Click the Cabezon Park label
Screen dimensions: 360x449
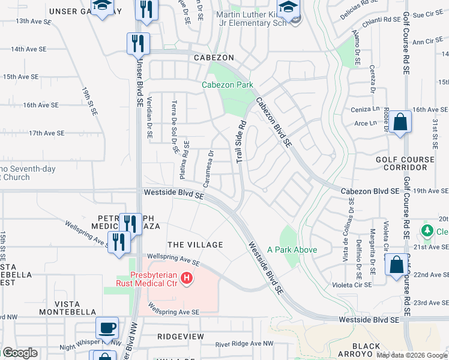point(227,85)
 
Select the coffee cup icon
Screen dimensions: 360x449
point(107,328)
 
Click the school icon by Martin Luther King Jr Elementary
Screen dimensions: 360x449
point(289,10)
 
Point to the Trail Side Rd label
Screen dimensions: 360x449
point(241,142)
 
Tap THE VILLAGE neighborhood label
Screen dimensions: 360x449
point(195,245)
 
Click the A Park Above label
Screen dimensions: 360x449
point(292,250)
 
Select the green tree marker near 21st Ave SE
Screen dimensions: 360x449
point(427,230)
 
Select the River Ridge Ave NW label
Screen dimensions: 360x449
point(243,344)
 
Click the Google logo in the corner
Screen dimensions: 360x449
point(19,353)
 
